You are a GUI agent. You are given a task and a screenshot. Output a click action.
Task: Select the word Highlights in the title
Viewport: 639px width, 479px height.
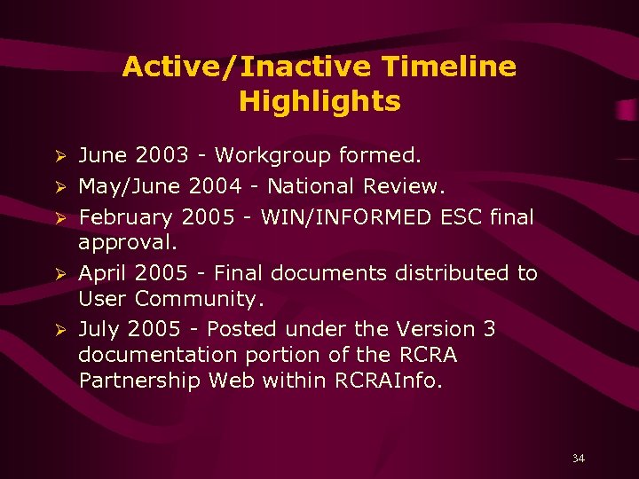(x=319, y=101)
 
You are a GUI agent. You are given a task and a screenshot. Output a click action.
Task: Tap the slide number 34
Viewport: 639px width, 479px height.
(x=579, y=459)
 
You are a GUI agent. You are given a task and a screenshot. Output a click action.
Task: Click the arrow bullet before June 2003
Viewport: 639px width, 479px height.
(x=61, y=157)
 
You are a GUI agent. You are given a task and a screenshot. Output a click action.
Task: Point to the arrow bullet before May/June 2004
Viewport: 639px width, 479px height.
(x=61, y=187)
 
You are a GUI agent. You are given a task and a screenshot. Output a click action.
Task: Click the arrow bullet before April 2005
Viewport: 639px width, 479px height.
(x=61, y=274)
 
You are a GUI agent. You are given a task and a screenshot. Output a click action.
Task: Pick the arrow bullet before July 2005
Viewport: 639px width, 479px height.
(x=61, y=330)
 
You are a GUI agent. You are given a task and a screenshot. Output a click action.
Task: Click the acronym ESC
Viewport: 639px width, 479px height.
(x=459, y=217)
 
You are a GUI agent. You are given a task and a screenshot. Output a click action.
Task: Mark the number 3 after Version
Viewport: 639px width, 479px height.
(x=489, y=329)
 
